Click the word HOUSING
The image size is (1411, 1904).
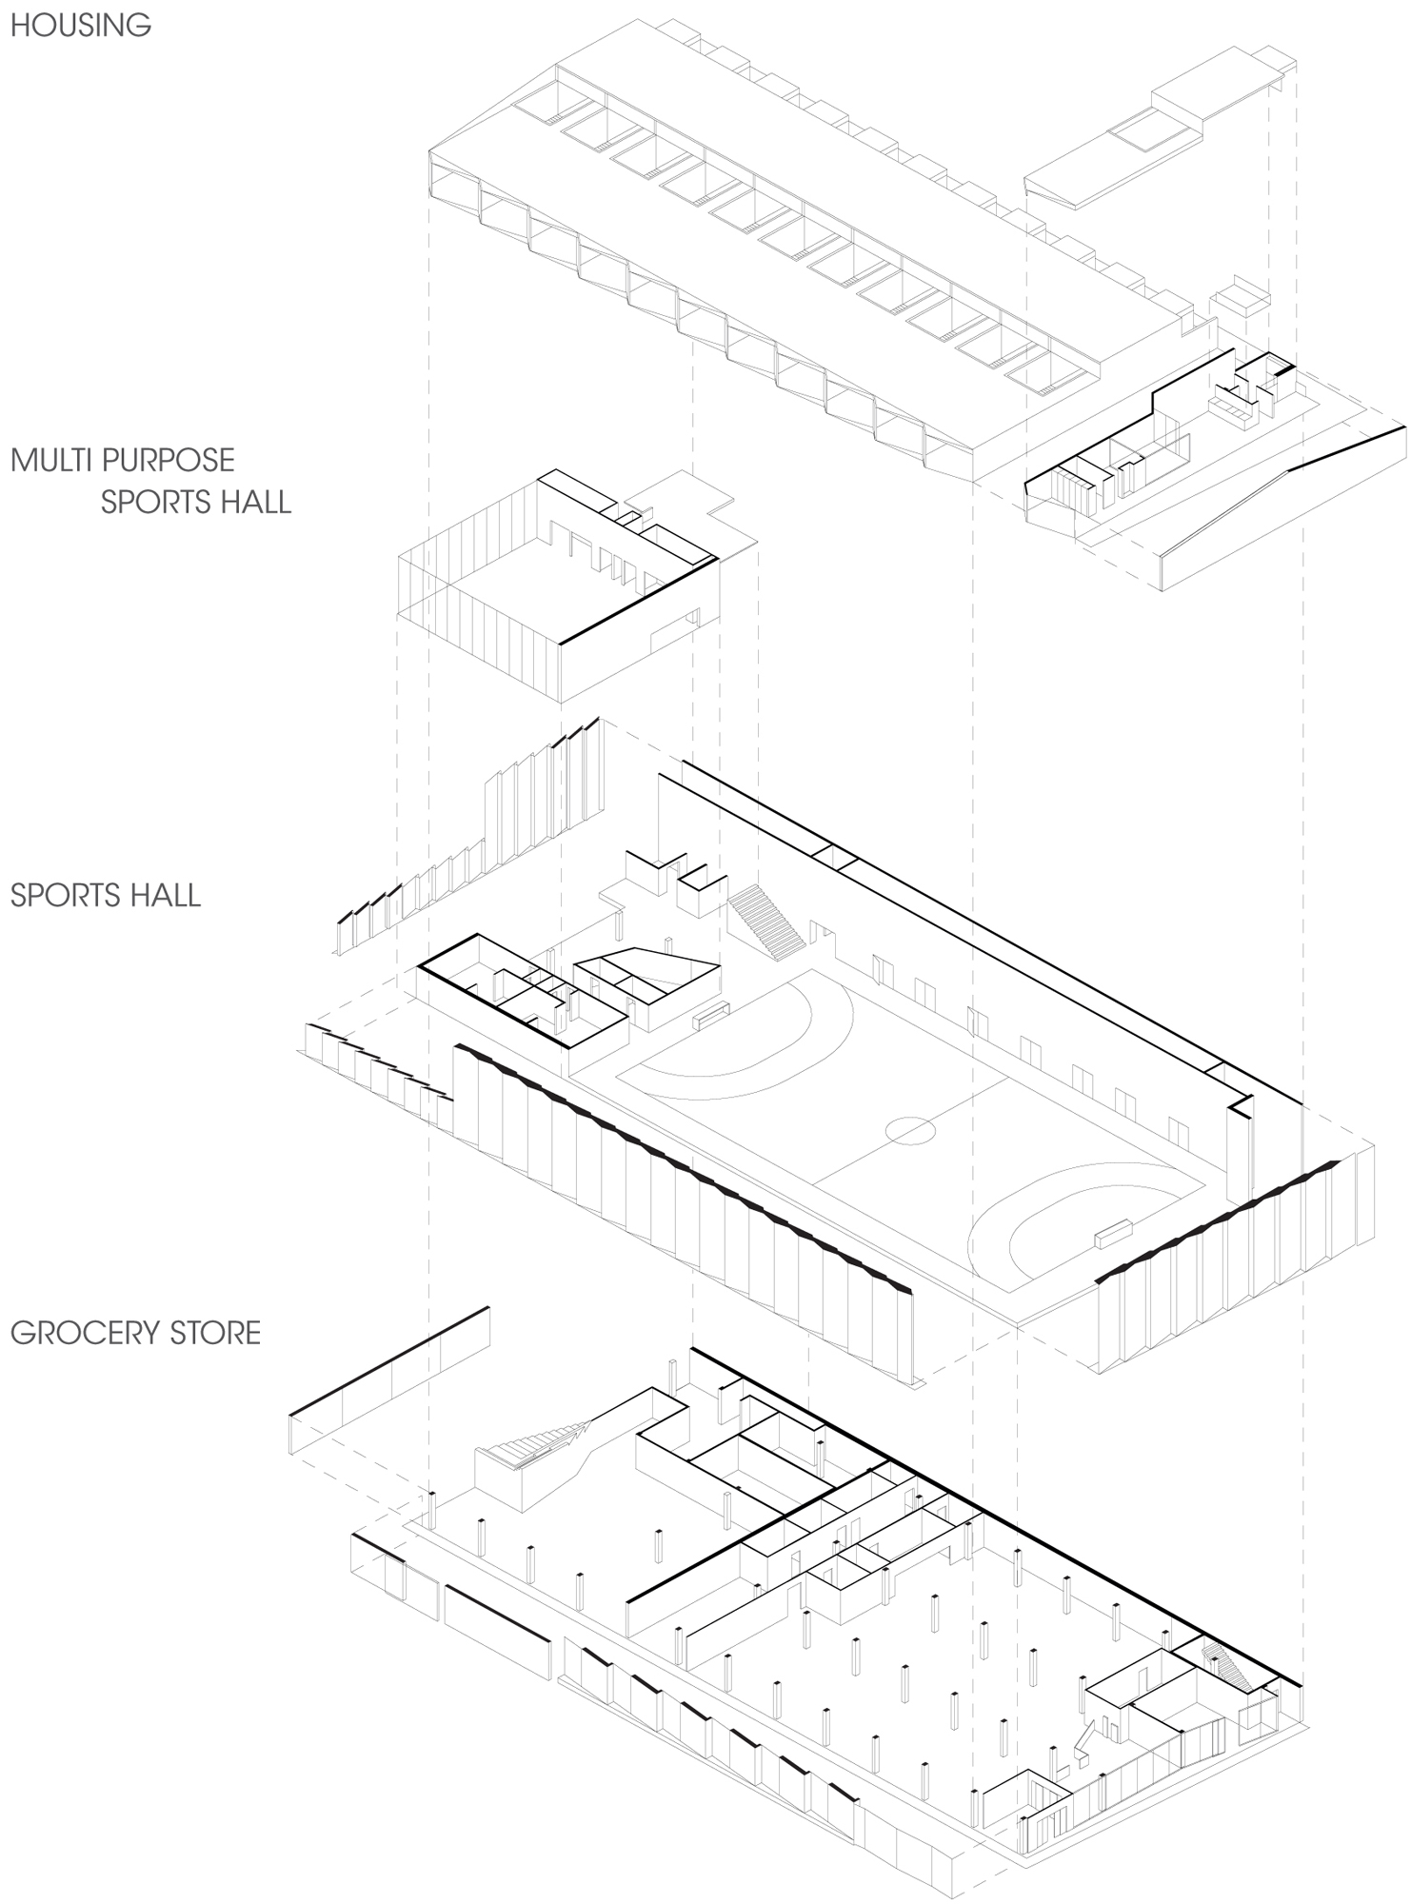tap(81, 25)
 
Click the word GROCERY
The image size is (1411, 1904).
tap(84, 1332)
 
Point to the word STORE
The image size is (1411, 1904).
tap(214, 1332)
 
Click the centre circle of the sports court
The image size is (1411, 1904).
tap(910, 1131)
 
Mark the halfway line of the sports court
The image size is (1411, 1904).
tap(911, 1130)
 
